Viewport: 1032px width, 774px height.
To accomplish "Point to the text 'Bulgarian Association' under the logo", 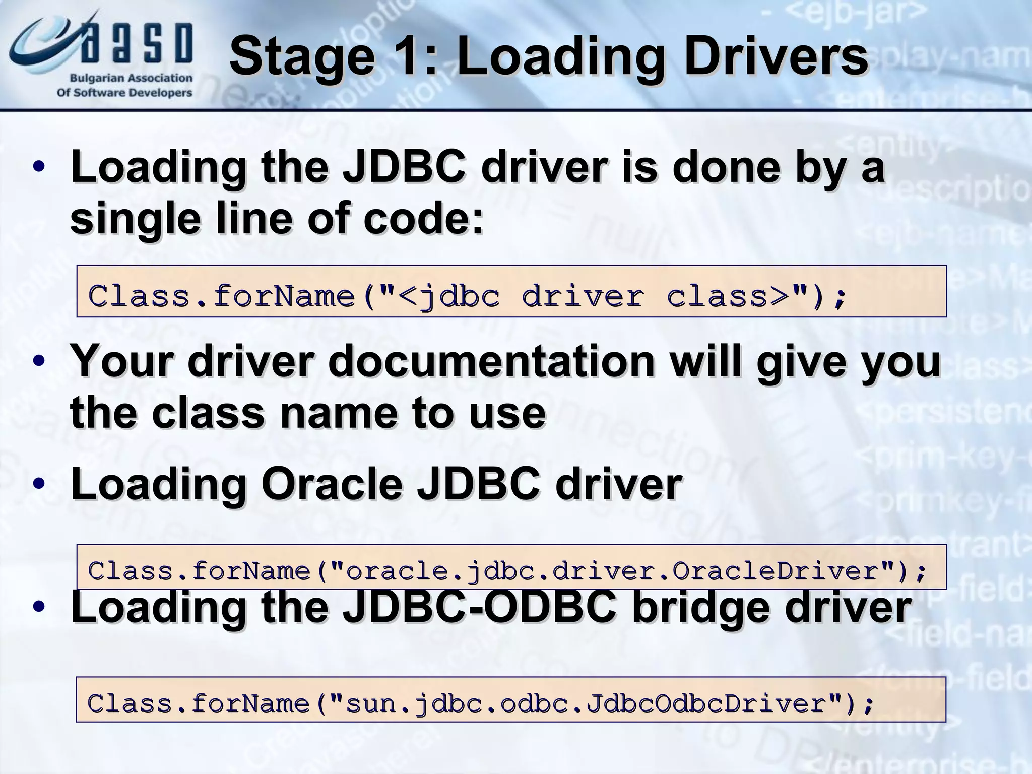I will coord(131,78).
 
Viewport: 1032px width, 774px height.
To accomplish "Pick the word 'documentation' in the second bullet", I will coord(491,361).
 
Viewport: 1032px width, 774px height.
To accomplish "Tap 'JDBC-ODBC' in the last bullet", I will coord(479,607).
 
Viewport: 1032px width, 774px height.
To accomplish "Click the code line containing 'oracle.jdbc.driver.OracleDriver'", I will coord(507,571).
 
